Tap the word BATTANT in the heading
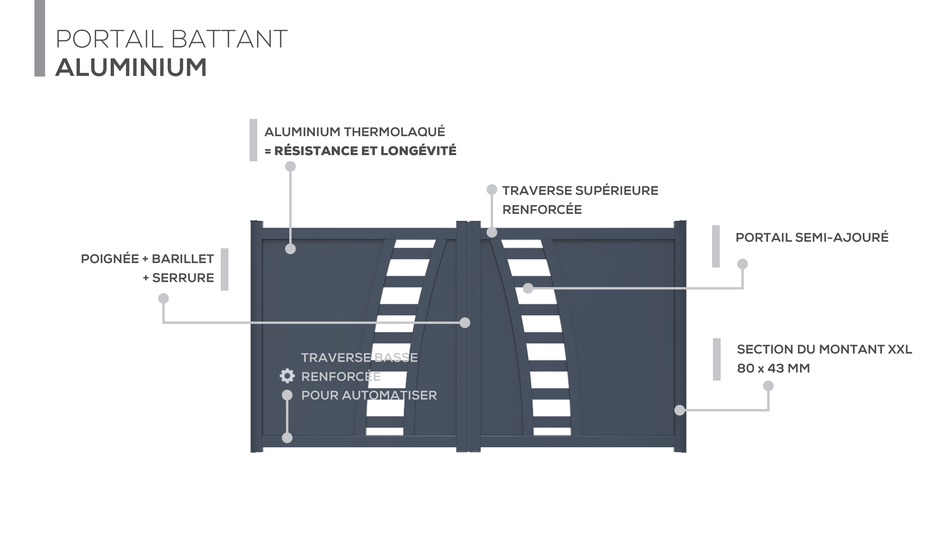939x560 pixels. pyautogui.click(x=229, y=39)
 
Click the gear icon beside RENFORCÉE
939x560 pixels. pyautogui.click(x=287, y=376)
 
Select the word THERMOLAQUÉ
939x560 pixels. pyautogui.click(x=394, y=132)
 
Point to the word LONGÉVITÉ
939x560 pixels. pyautogui.click(x=419, y=151)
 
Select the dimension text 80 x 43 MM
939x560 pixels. pyautogui.click(x=773, y=368)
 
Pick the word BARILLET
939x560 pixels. pyautogui.click(x=183, y=259)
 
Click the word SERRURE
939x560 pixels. pyautogui.click(x=183, y=278)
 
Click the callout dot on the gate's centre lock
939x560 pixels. pyautogui.click(x=465, y=323)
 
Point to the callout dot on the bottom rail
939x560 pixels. pyautogui.click(x=287, y=438)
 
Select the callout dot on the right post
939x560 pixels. pyautogui.click(x=680, y=410)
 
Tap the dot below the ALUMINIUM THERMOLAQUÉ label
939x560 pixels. pyautogui.click(x=290, y=166)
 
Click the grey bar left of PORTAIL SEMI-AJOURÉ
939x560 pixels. pyautogui.click(x=716, y=246)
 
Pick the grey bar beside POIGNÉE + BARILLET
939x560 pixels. pyautogui.click(x=225, y=269)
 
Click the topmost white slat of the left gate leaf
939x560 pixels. pyautogui.click(x=415, y=244)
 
